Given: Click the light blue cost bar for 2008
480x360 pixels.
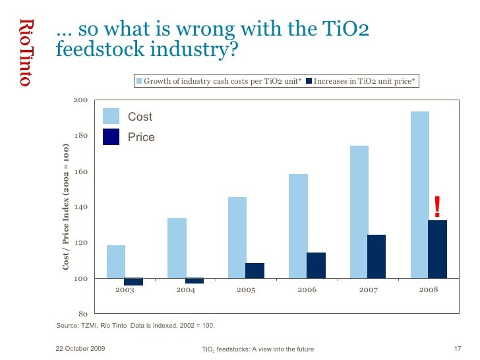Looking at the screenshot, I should [x=419, y=195].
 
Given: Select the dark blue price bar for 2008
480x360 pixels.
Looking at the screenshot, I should [x=438, y=249].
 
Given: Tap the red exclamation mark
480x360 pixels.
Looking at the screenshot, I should [x=436, y=207].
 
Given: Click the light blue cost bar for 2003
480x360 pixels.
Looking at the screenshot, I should [x=116, y=261].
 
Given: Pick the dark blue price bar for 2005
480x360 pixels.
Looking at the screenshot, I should [x=255, y=270].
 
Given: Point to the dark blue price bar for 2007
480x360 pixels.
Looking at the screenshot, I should [x=376, y=256].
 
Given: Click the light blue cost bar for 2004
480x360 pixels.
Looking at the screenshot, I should [x=177, y=248].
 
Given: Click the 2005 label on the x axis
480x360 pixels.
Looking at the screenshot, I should [x=246, y=290].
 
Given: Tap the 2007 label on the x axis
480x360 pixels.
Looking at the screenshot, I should [x=368, y=290].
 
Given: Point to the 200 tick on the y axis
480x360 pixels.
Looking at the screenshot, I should [x=81, y=100].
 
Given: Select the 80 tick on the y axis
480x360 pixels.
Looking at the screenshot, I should [x=84, y=314].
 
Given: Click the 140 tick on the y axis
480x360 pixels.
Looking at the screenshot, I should [x=81, y=207].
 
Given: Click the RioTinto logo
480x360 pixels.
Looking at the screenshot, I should [x=25, y=53].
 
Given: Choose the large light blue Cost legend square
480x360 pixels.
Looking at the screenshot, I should [x=111, y=116].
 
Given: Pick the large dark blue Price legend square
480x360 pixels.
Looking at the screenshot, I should [x=111, y=136].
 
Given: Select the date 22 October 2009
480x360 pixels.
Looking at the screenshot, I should [x=79, y=348].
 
